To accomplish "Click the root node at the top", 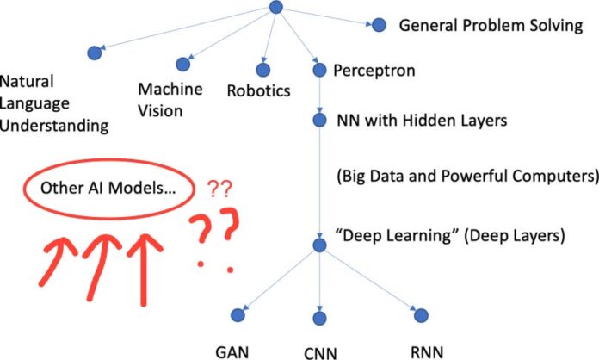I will tap(275, 7).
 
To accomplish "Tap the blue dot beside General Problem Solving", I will tap(378, 26).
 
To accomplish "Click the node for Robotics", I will tap(262, 69).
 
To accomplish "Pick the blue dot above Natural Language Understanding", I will tap(94, 53).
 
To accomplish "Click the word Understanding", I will tap(54, 127).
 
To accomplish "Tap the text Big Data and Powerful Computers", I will tap(466, 177).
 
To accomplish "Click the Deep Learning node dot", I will tap(319, 246).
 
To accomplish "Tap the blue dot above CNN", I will tap(320, 315).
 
